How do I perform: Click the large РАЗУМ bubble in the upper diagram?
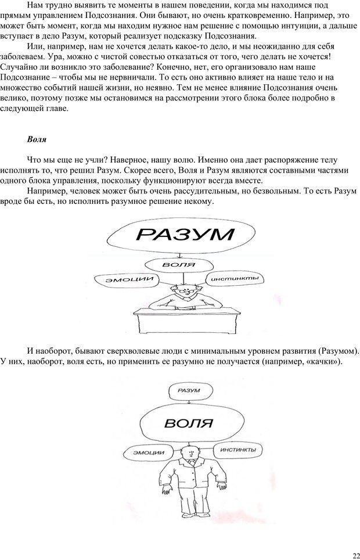[185, 235]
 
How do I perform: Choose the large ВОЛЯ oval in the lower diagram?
[187, 422]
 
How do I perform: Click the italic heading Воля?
[37, 140]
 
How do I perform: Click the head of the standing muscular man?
[189, 450]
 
